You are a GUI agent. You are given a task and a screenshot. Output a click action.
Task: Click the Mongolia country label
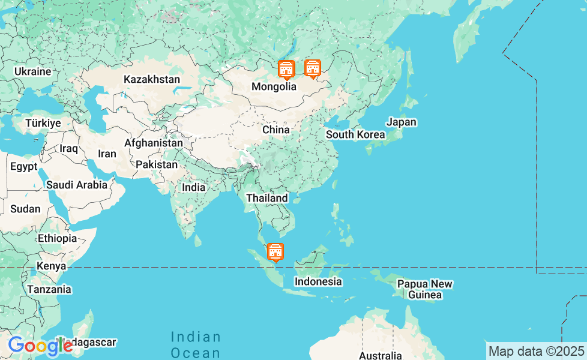tap(274, 86)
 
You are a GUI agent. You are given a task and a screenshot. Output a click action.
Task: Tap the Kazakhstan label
tap(152, 79)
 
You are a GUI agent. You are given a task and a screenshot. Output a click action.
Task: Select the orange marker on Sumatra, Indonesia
tap(275, 252)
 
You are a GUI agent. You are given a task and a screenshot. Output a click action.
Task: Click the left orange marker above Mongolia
tap(287, 70)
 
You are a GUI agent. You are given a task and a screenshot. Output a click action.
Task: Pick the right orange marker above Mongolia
tap(312, 68)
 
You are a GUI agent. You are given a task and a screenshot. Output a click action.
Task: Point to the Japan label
tap(402, 122)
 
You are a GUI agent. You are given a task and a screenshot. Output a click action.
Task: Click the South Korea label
tap(355, 134)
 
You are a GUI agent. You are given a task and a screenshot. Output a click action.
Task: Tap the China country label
tap(275, 130)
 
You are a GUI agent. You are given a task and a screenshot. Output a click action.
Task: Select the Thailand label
tap(266, 198)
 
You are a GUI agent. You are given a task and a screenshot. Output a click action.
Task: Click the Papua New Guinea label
tap(425, 289)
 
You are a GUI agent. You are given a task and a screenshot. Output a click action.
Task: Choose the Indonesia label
tap(318, 281)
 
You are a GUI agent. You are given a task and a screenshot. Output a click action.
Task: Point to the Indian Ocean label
tap(196, 344)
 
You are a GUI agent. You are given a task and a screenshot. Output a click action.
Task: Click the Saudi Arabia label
tap(77, 185)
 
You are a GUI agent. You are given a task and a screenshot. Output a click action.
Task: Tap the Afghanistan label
tap(154, 143)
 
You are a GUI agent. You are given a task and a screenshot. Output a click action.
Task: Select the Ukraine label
tap(33, 71)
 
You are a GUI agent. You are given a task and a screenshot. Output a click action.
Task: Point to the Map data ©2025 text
tap(536, 350)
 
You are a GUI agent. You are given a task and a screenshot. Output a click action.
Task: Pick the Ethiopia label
tap(58, 238)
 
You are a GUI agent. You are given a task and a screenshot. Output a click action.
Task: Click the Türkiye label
tap(43, 123)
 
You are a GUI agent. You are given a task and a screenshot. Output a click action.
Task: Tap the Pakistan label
tap(157, 164)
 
